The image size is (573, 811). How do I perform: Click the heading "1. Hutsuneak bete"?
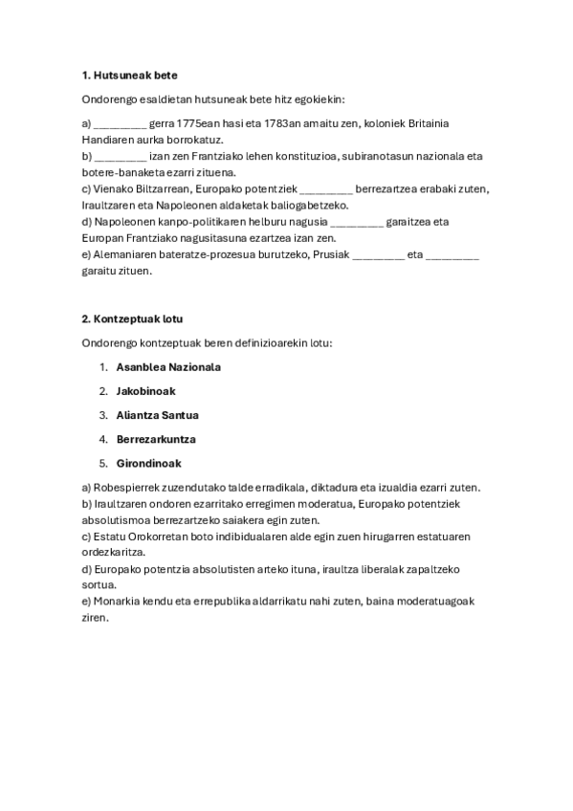(x=129, y=75)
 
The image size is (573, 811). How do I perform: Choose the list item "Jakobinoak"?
(x=145, y=390)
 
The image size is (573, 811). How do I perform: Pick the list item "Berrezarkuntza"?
(x=156, y=439)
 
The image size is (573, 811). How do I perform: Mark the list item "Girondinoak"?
(x=148, y=463)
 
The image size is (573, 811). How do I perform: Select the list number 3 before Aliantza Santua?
(x=102, y=414)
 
